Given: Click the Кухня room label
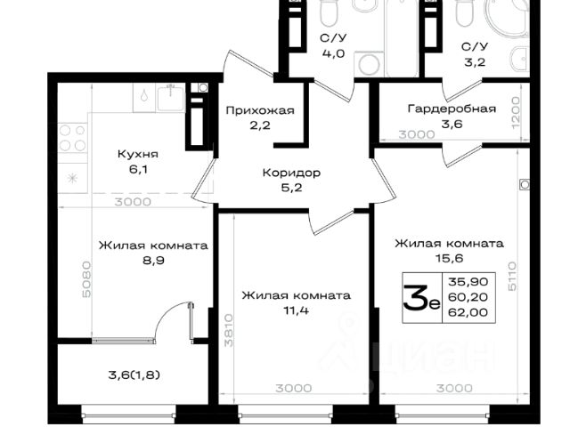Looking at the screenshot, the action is [x=138, y=154].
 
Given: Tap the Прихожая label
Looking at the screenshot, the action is [x=260, y=110].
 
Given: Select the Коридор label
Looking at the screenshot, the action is [x=291, y=173].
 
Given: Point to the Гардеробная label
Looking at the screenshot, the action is [x=452, y=109].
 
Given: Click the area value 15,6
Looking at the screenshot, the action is [x=449, y=258].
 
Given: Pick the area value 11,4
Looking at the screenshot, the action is [x=296, y=310].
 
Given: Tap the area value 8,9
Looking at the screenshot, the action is [x=152, y=261].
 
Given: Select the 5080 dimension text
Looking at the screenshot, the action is [x=86, y=279].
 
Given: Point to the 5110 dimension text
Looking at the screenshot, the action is [x=512, y=276].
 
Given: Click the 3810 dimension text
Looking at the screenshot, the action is [x=228, y=330].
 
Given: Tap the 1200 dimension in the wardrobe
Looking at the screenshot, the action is [x=516, y=113].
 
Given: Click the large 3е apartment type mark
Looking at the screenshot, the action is [x=421, y=298].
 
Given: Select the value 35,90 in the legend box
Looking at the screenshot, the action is [x=468, y=282].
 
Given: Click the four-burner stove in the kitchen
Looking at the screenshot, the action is [x=72, y=138].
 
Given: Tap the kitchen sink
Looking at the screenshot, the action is [x=171, y=97].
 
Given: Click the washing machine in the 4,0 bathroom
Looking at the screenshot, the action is [x=369, y=64].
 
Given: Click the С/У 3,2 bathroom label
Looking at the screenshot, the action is [x=475, y=54].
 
